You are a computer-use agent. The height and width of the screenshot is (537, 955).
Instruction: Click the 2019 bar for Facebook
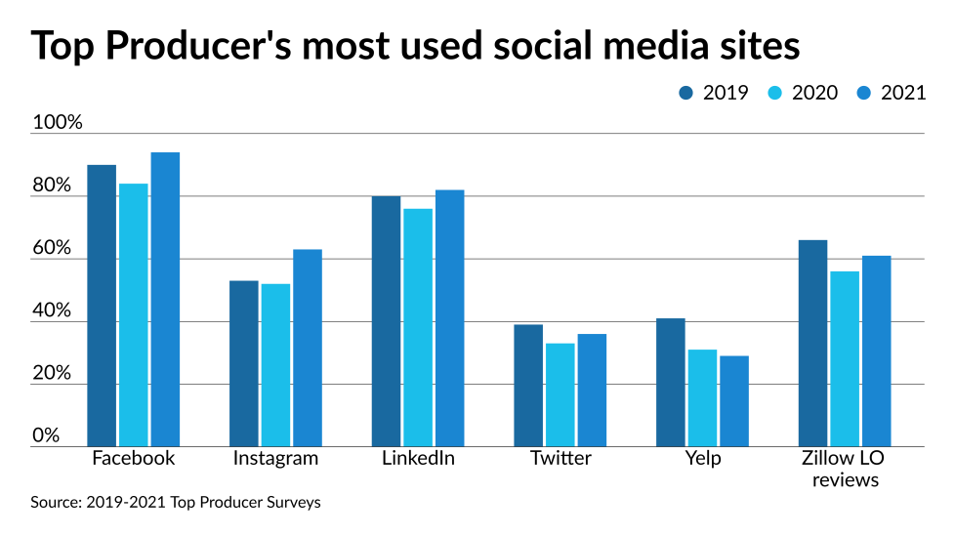pos(102,306)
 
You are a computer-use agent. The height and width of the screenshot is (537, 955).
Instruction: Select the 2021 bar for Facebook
pos(165,300)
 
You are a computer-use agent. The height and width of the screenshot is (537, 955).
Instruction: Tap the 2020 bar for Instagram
pos(275,365)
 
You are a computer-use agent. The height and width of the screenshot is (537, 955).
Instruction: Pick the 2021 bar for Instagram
pos(308,348)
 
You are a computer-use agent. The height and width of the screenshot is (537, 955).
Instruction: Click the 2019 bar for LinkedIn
pos(386,321)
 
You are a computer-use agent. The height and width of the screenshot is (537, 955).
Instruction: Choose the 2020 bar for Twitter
pos(560,394)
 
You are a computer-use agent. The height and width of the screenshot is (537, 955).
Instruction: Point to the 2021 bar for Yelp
pos(734,401)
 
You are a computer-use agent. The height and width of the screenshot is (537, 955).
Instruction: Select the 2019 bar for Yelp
pos(671,382)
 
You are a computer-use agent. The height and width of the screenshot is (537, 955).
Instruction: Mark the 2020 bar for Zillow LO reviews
pos(845,358)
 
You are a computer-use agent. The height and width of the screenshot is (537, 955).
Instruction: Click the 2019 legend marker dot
pos(686,93)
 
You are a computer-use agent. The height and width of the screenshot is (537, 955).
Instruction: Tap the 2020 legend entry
pos(800,93)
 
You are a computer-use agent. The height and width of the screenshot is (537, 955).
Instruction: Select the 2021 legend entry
pos(890,93)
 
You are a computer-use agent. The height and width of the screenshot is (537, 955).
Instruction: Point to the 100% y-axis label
pos(58,123)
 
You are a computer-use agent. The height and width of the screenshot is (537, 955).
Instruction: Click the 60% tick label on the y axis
pos(53,248)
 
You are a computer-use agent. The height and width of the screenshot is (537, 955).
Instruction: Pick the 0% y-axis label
pos(47,435)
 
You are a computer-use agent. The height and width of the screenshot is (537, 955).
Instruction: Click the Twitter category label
pos(561,458)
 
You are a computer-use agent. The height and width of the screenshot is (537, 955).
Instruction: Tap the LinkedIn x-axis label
pos(418,458)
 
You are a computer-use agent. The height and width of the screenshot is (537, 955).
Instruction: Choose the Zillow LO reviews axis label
pos(844,469)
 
